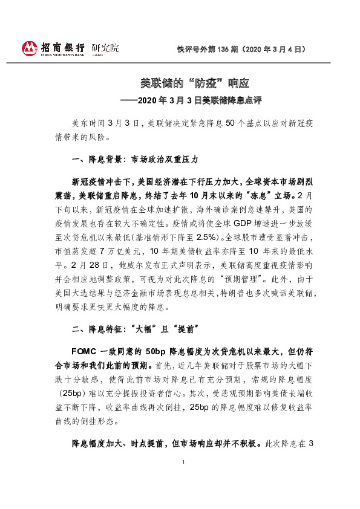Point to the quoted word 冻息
(x=252, y=196)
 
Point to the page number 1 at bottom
(x=183, y=495)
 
